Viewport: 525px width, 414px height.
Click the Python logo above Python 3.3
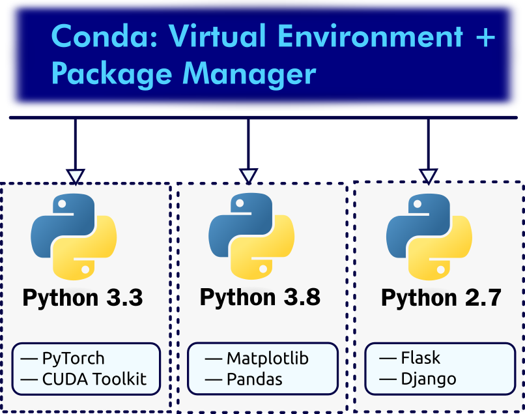pyautogui.click(x=74, y=236)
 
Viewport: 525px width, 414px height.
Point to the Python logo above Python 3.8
pyautogui.click(x=251, y=236)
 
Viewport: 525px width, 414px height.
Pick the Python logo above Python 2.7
pyautogui.click(x=429, y=236)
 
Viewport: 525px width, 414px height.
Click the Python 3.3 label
pyautogui.click(x=83, y=298)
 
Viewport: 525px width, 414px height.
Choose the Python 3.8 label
pyautogui.click(x=260, y=297)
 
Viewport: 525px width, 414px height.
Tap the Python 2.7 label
pyautogui.click(x=441, y=298)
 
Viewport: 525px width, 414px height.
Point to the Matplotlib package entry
pyautogui.click(x=267, y=358)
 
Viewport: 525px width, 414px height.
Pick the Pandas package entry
pyautogui.click(x=254, y=379)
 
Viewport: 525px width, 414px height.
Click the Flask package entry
pyautogui.click(x=420, y=358)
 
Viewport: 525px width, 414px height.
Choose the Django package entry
pyautogui.click(x=428, y=379)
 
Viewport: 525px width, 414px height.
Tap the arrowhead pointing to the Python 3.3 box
pyautogui.click(x=76, y=176)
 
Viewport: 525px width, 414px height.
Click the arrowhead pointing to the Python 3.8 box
pyautogui.click(x=248, y=176)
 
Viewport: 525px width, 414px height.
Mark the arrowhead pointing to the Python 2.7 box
pyautogui.click(x=428, y=176)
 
